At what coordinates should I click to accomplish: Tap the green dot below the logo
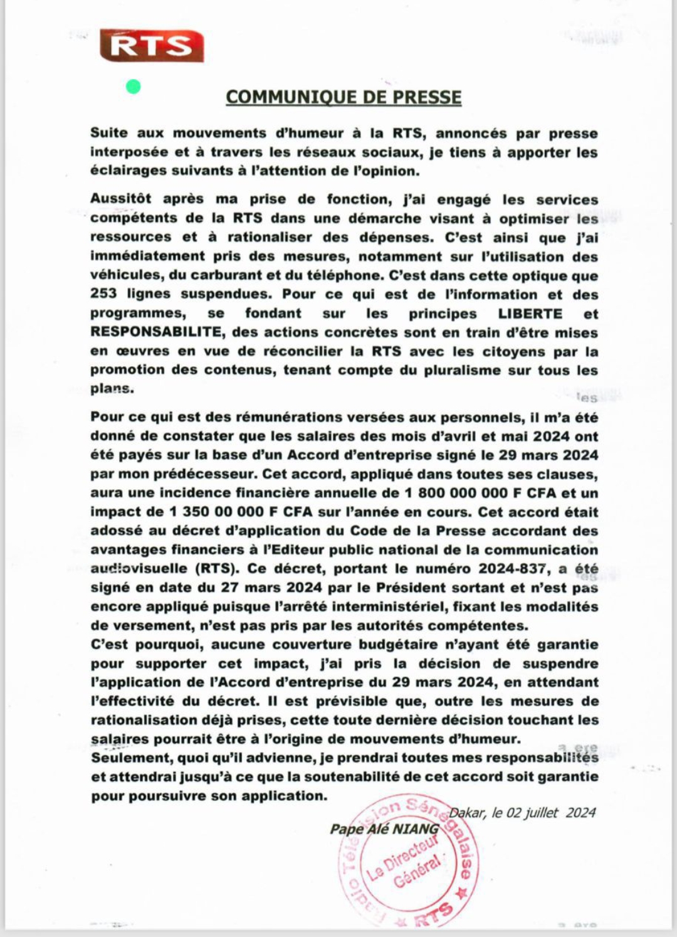[x=133, y=87]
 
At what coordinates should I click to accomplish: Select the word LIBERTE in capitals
[x=530, y=314]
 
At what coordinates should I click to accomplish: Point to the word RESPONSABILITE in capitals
[x=155, y=332]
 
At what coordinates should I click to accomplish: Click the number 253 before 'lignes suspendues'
[x=103, y=295]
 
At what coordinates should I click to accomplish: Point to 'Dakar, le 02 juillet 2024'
[x=522, y=813]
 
